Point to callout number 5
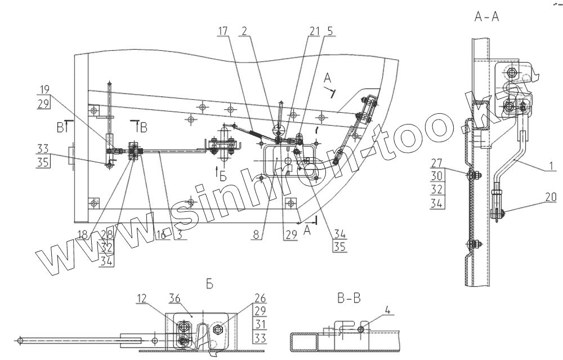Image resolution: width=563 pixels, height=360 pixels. point(329,30)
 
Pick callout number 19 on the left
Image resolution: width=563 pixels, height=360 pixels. point(45,89)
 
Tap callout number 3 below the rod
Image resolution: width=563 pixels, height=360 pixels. point(177,235)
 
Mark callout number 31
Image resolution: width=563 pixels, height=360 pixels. point(259,325)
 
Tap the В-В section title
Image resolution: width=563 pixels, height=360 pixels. point(350,298)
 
